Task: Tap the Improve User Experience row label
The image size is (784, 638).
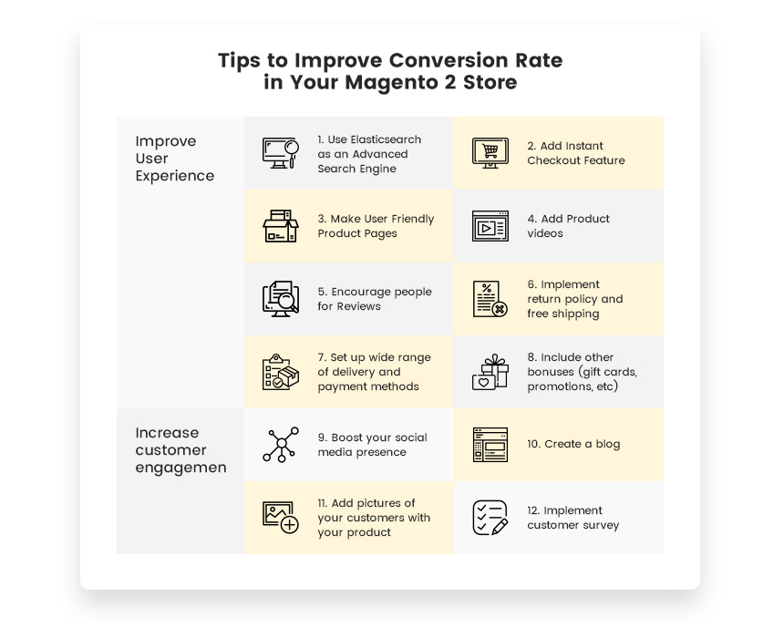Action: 174,159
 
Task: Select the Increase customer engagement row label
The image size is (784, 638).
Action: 181,450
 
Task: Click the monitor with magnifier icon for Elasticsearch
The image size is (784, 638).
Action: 281,153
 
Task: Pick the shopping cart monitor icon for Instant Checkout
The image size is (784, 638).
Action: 490,153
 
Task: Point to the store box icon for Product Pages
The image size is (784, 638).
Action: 281,226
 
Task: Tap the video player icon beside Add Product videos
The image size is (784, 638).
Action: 490,226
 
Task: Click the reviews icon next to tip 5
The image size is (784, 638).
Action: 281,299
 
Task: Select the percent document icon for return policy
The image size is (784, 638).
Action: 490,299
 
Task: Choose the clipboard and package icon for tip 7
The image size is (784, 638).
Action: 281,372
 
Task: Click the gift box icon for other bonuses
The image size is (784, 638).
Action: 490,372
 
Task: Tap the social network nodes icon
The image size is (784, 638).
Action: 281,445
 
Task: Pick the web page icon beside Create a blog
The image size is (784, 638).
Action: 490,445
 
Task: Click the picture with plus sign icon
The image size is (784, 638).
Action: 281,518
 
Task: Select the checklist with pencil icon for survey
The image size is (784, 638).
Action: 490,518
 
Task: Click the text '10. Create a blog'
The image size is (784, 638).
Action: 573,445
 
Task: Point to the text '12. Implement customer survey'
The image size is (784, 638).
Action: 573,518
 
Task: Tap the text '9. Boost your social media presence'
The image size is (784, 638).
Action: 372,445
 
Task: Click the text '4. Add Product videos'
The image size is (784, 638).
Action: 568,226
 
